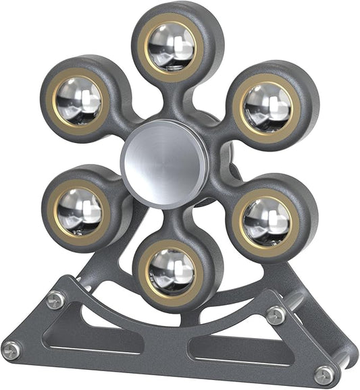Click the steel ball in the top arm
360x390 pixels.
pos(172,47)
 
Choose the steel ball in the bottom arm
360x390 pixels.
pos(172,271)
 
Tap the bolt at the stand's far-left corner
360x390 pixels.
pos(11,350)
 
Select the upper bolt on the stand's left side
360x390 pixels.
pos(56,299)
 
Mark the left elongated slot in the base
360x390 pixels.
pos(95,341)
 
